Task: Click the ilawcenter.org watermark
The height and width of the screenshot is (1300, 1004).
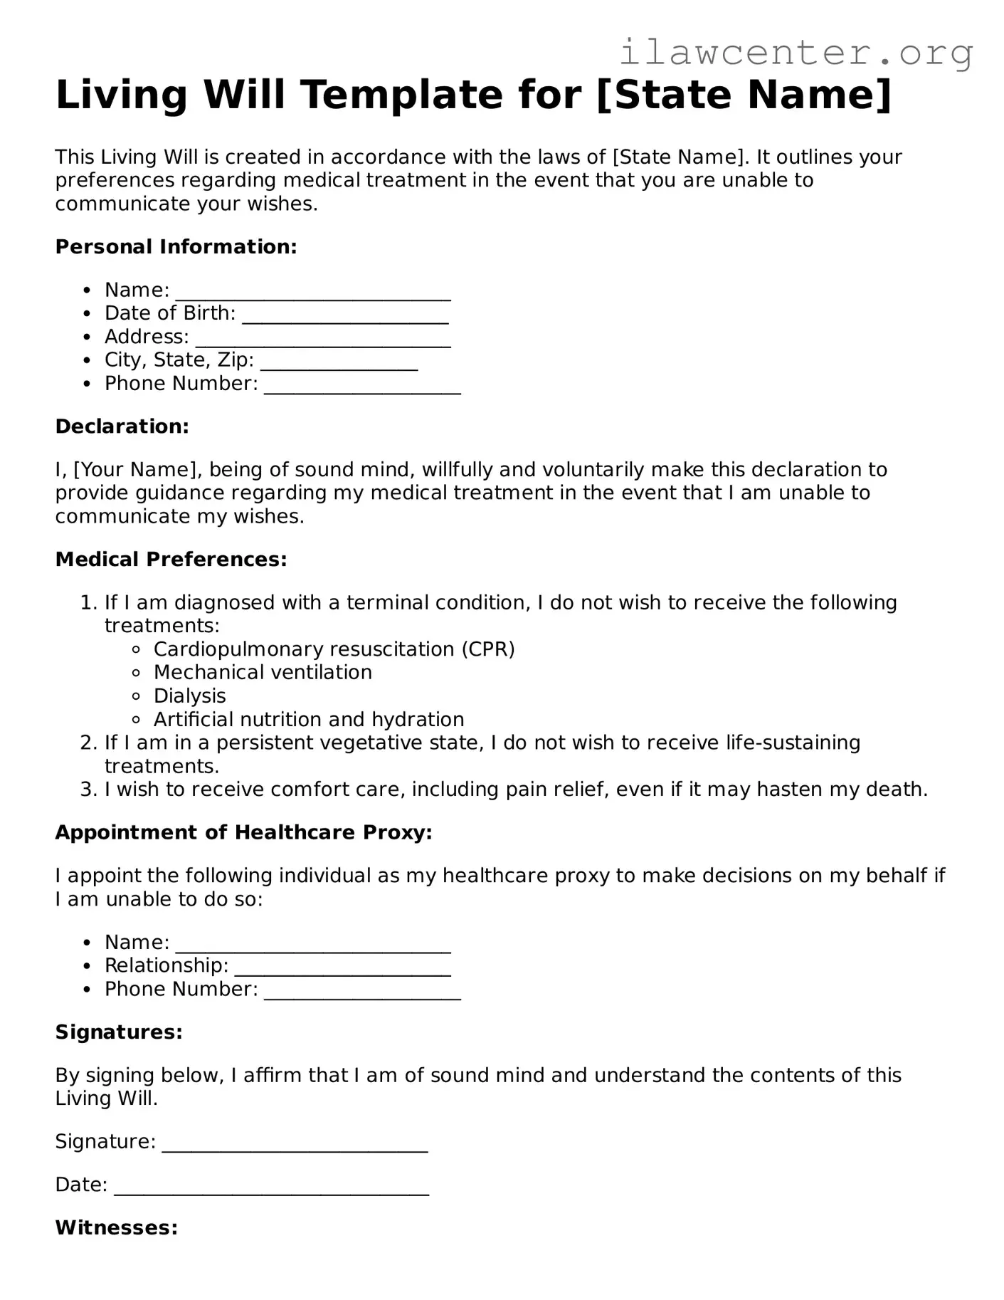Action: [796, 53]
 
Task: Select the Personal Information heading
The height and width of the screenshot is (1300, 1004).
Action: [176, 247]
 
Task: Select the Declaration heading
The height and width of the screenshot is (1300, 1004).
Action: [122, 426]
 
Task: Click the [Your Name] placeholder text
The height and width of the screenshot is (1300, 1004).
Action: [135, 470]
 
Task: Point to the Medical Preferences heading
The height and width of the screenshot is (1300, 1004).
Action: [171, 560]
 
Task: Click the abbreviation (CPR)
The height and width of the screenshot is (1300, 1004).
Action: [487, 649]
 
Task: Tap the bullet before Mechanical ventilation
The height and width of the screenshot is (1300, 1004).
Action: [137, 673]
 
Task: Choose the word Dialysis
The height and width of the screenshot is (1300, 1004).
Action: [189, 696]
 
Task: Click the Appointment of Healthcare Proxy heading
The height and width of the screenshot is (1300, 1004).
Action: [243, 833]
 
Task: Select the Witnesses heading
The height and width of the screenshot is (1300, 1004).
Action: [116, 1228]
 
